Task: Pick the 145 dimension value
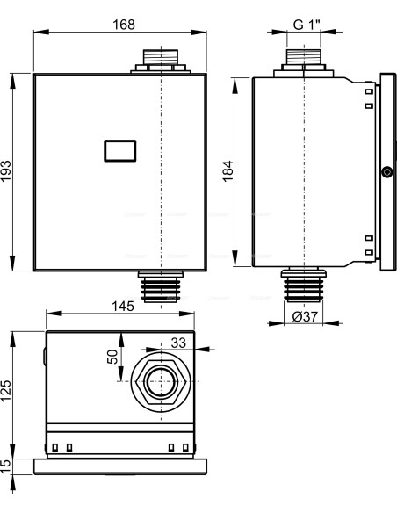point(123,307)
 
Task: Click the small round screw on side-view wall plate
point(386,172)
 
